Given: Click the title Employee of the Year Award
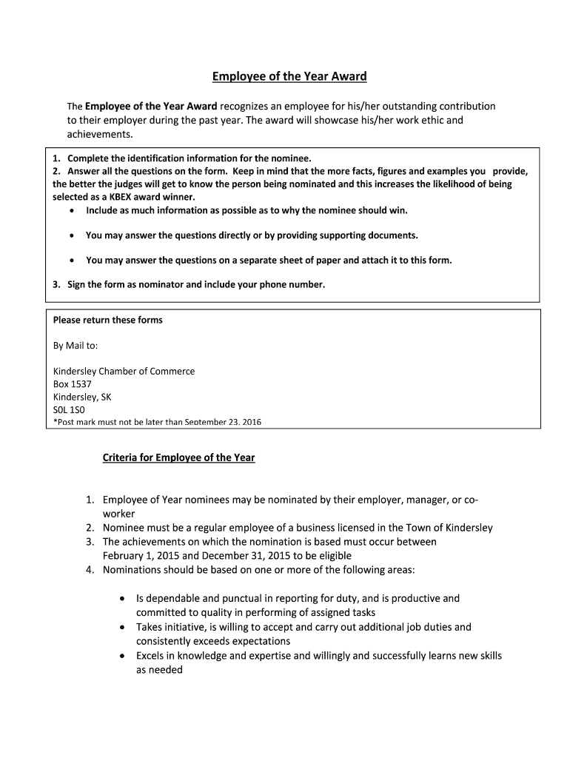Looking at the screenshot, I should coord(289,76).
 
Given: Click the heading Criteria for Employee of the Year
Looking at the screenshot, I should coord(178,457).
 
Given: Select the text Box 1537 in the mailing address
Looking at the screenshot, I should coord(73,384).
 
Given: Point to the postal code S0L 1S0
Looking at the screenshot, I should coord(70,409).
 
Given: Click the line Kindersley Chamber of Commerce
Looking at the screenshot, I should coord(124,371).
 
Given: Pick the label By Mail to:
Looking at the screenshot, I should coord(76,346).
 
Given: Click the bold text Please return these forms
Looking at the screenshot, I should coord(107,320).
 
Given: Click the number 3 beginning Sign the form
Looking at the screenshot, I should coord(56,284).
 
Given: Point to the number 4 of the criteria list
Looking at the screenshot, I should coord(88,569).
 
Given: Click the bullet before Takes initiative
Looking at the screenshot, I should coord(122,627).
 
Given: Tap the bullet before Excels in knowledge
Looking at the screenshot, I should coord(122,656).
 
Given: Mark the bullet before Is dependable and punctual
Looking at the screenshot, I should coord(122,598).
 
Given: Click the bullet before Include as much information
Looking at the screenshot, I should coord(70,210).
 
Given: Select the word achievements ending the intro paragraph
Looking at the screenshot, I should coord(99,134).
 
